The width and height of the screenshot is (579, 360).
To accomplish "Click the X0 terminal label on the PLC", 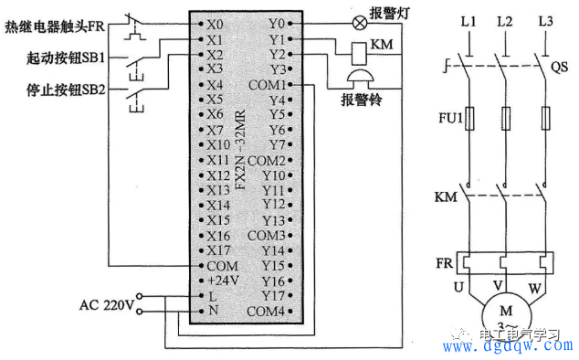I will pyautogui.click(x=215, y=21).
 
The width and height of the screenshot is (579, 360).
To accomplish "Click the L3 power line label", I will pyautogui.click(x=545, y=20).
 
